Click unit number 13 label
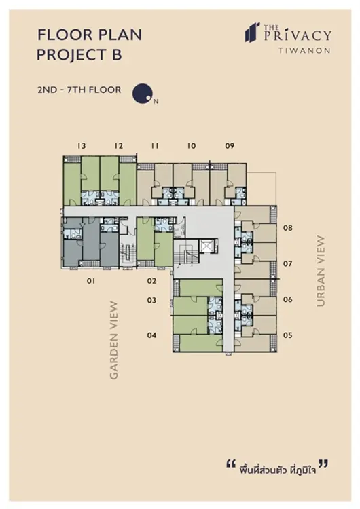82,146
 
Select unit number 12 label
119,146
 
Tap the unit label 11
155,146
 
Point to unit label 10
192,146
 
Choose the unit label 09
230,146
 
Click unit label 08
288,228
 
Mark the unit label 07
287,263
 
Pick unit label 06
288,299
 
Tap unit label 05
288,335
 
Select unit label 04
151,335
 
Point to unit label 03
151,300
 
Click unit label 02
151,281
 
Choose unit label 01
91,281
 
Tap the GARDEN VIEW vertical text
114,340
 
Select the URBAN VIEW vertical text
321,271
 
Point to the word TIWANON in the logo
304,51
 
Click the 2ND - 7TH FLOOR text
79,90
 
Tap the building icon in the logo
252,32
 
